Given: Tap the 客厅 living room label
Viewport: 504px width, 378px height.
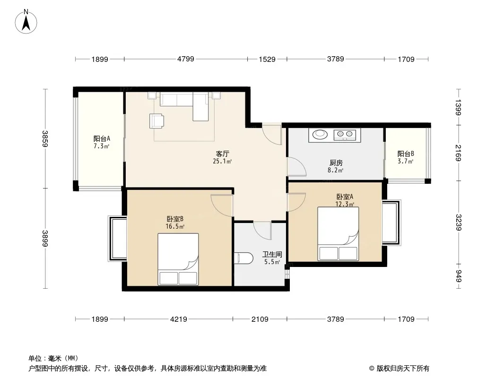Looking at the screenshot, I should pyautogui.click(x=222, y=154).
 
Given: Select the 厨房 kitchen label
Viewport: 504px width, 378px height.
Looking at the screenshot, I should pyautogui.click(x=335, y=163).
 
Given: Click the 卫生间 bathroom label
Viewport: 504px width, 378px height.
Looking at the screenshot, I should pyautogui.click(x=272, y=254).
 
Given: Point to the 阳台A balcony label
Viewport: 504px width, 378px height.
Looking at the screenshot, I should pyautogui.click(x=102, y=139).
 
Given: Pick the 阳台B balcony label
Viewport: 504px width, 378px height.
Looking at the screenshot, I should pyautogui.click(x=406, y=154).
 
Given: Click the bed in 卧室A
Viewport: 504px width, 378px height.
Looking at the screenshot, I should pyautogui.click(x=338, y=234).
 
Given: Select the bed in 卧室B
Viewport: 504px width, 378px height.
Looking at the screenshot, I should pyautogui.click(x=178, y=259).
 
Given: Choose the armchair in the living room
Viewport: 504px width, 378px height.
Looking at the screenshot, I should pyautogui.click(x=156, y=121).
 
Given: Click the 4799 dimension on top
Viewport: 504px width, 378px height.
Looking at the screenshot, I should pyautogui.click(x=185, y=59).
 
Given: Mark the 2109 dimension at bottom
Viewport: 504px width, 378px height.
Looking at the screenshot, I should pyautogui.click(x=260, y=319).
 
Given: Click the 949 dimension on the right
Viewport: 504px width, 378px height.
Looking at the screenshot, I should pyautogui.click(x=458, y=276).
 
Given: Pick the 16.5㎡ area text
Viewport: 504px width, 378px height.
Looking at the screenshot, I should pyautogui.click(x=174, y=226).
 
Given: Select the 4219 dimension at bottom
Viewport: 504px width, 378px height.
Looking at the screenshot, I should pyautogui.click(x=179, y=319).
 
